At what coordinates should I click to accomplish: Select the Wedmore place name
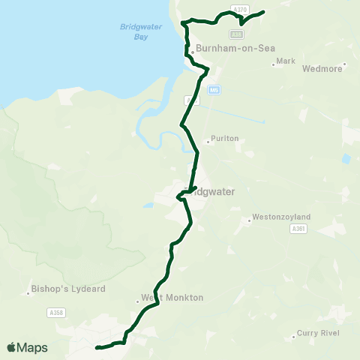click(322, 68)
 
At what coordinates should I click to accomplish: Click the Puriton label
click(225, 139)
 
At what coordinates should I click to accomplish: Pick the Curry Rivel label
click(319, 333)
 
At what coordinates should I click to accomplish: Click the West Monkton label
click(172, 298)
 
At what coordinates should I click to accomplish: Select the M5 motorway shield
click(214, 90)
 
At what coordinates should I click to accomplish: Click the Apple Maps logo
click(27, 347)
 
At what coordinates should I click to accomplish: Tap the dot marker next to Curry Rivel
click(293, 337)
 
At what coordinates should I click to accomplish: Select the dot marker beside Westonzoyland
click(249, 220)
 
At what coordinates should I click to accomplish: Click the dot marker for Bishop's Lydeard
click(28, 292)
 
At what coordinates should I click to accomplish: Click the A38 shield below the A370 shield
click(238, 34)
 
